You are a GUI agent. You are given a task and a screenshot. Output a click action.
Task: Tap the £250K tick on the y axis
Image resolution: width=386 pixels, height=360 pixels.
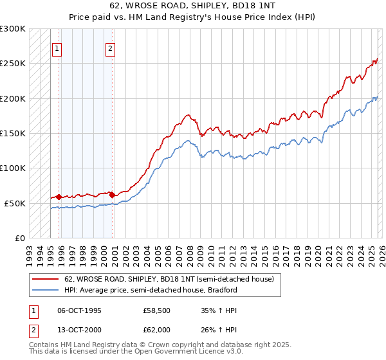pos(13,64)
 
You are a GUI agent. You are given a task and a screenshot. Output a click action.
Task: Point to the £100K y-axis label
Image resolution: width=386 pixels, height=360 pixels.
pos(13,168)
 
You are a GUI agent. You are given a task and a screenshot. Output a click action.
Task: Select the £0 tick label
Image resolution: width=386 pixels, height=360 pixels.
pos(19,238)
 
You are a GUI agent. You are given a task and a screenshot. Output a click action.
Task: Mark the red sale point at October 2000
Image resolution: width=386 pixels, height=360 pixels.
pos(112,194)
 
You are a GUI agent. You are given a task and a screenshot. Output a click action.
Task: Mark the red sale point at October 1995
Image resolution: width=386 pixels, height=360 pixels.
pos(59,197)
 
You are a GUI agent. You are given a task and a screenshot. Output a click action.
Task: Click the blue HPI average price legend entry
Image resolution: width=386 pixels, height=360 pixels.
pos(151,290)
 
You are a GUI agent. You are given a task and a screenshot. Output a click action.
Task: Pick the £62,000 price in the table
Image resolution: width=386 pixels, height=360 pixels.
pos(156,330)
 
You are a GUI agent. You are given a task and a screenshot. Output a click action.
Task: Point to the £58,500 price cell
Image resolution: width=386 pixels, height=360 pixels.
pos(156,309)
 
